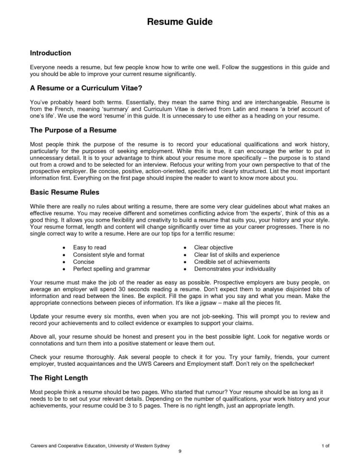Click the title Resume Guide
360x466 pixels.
[179, 22]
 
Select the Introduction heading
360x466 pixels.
[50, 53]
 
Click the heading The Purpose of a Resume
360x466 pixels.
[73, 130]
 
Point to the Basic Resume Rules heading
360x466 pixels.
[65, 192]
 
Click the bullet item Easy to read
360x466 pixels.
[90, 247]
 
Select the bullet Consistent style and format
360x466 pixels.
[108, 254]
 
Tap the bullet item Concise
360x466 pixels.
[84, 262]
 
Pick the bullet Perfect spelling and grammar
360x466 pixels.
[111, 269]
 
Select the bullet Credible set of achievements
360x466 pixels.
[232, 262]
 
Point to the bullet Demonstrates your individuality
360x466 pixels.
[235, 269]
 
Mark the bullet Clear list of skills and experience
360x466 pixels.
[237, 254]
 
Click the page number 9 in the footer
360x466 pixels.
[180, 452]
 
